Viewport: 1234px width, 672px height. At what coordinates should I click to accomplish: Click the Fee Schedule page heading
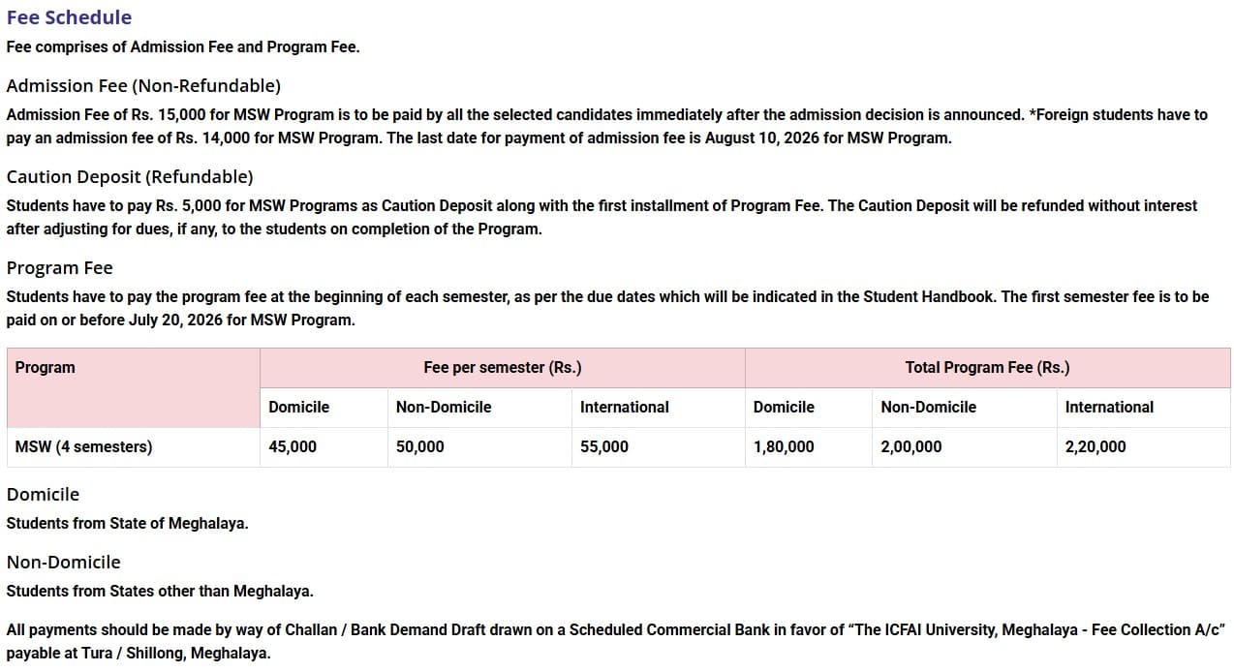(69, 17)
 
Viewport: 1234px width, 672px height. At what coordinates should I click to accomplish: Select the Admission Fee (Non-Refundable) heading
(143, 86)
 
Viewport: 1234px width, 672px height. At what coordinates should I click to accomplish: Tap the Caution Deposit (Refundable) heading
(130, 177)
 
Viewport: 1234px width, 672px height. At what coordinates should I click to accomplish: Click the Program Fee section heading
(59, 268)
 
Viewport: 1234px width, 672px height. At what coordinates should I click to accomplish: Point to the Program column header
(45, 368)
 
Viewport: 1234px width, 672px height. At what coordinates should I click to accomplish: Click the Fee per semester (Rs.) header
(502, 368)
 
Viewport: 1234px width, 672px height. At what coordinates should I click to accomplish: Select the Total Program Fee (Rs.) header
(987, 368)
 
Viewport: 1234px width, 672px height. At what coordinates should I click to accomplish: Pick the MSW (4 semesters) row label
(83, 447)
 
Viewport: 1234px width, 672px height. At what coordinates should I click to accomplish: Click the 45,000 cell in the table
(293, 447)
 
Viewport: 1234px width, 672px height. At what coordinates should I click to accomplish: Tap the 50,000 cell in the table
(420, 447)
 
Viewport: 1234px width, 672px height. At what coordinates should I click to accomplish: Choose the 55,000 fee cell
(604, 447)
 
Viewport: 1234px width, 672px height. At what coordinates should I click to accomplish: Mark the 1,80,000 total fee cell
(784, 447)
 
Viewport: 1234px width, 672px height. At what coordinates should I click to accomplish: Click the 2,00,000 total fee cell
(911, 447)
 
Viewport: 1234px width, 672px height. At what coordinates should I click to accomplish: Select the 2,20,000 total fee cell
(1095, 447)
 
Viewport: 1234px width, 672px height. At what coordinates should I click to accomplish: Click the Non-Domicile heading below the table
(64, 563)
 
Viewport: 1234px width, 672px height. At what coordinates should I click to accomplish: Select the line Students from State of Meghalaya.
(127, 524)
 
